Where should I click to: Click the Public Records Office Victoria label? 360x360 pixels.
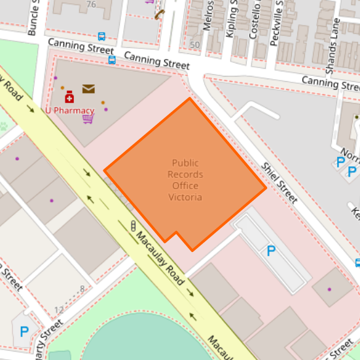[185, 180]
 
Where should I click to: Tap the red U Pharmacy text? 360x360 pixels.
[69, 111]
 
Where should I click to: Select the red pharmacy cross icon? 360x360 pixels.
[69, 98]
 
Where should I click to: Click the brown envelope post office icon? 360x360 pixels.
[88, 89]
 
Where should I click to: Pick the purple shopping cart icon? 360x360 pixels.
[88, 118]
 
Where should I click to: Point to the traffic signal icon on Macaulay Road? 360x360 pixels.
[134, 226]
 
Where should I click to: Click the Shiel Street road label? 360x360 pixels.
[279, 183]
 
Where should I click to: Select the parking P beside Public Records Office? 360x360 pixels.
[271, 251]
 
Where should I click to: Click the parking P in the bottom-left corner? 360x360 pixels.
[24, 332]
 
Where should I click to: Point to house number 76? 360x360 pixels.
[90, 5]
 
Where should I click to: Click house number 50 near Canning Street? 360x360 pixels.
[194, 45]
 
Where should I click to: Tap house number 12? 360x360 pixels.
[59, 309]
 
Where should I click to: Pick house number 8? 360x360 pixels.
[82, 288]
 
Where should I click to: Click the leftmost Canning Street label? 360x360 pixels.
[76, 47]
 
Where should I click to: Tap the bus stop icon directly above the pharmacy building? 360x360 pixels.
[112, 60]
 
